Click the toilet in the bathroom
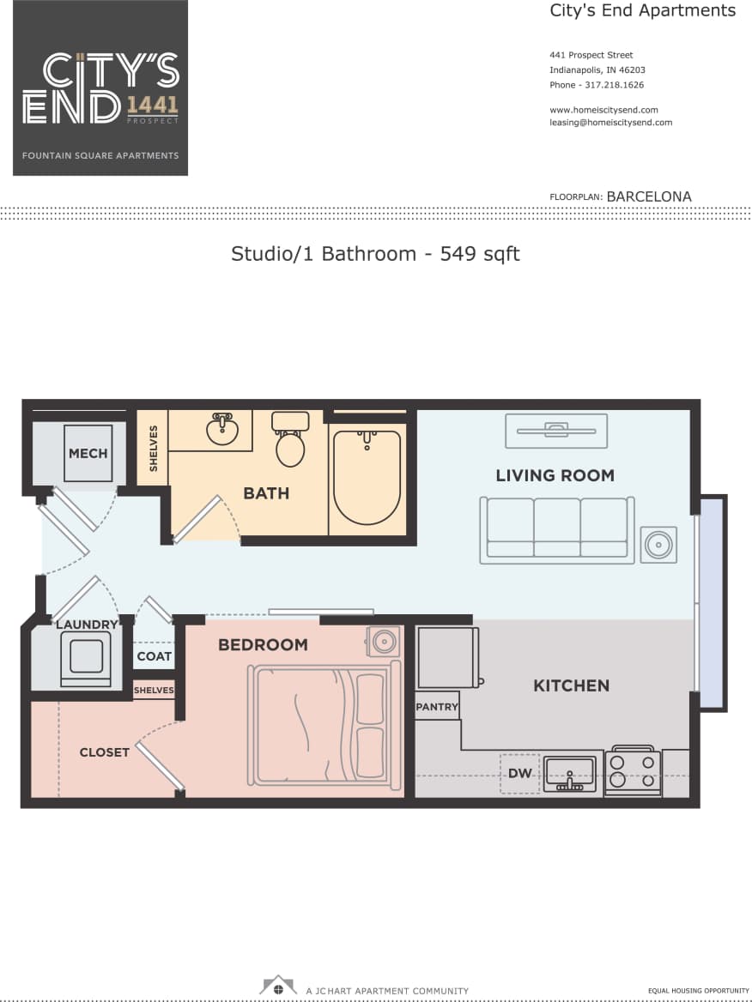click(x=290, y=442)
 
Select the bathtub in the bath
click(x=367, y=477)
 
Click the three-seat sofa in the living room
click(x=557, y=529)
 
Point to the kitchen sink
click(x=569, y=771)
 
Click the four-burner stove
click(x=632, y=771)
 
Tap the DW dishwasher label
click(x=520, y=773)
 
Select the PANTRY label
click(x=438, y=707)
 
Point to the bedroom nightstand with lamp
click(x=383, y=641)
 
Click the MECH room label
click(x=88, y=452)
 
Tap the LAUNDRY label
click(x=87, y=625)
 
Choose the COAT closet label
click(x=154, y=656)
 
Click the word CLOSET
click(x=105, y=752)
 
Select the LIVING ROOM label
click(x=555, y=475)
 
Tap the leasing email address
click(x=610, y=123)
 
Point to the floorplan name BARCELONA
click(x=648, y=196)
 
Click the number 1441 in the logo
click(x=153, y=105)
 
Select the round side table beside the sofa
click(x=659, y=545)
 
